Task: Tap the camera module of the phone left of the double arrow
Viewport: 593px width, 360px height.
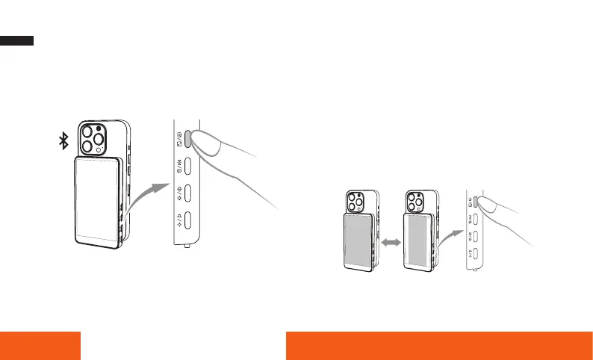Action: (x=355, y=202)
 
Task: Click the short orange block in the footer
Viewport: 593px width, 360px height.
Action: (x=40, y=344)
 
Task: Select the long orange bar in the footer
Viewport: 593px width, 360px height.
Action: (x=439, y=344)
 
